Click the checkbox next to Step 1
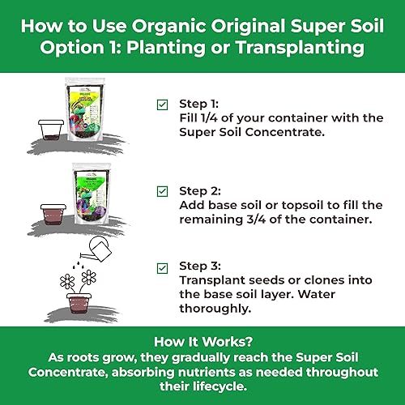coord(162,105)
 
